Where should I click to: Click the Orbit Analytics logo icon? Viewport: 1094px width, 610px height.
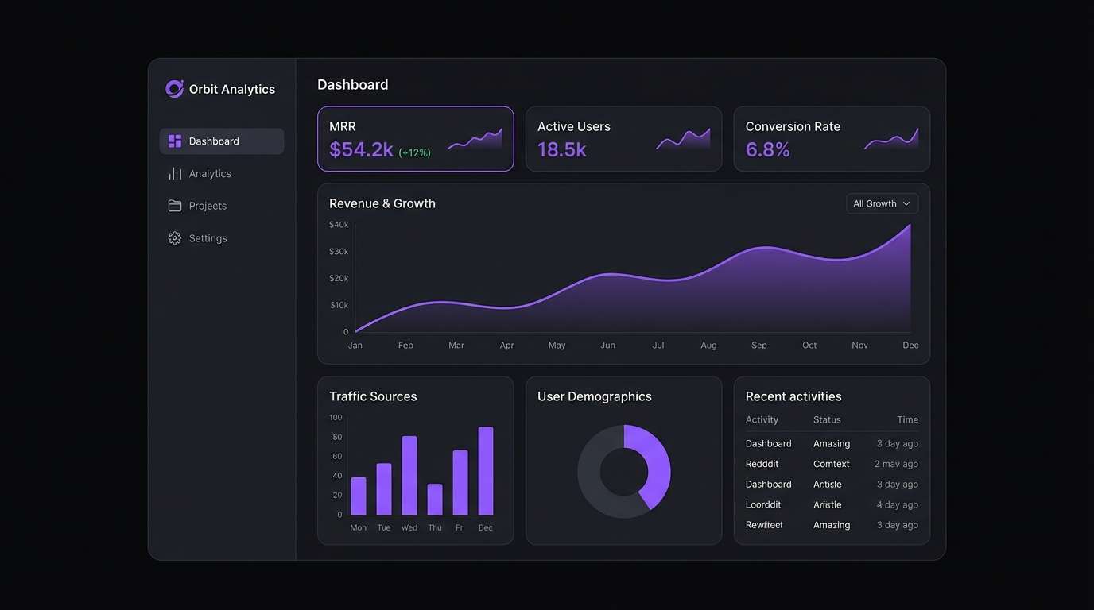coord(174,89)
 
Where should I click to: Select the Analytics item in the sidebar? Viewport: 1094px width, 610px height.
coord(210,174)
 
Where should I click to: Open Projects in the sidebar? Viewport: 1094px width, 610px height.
coord(208,206)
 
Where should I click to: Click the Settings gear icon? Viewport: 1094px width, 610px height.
coord(175,238)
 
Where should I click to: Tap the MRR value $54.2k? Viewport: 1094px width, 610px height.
coord(361,149)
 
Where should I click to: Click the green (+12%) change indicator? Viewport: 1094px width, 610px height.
coord(414,152)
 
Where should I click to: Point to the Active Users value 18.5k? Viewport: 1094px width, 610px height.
coord(561,149)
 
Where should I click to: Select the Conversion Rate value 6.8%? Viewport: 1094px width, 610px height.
coord(767,149)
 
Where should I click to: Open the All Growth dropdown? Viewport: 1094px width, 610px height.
coord(882,204)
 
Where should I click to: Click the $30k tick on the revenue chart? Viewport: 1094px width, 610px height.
coord(339,252)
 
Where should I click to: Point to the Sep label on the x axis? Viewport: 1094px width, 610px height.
coord(758,346)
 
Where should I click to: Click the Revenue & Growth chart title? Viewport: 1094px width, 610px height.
coord(382,203)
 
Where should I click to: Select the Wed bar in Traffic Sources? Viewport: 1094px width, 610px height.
coord(409,476)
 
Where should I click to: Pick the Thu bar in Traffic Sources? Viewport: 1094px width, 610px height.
coord(435,500)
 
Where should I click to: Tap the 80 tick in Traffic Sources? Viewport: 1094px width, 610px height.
coord(337,438)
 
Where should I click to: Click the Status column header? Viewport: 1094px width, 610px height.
coord(827,420)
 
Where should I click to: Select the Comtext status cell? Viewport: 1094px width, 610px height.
coord(831,464)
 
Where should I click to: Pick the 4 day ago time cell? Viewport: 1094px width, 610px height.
coord(897,505)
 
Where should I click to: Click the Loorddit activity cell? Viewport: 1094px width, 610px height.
coord(763,505)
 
